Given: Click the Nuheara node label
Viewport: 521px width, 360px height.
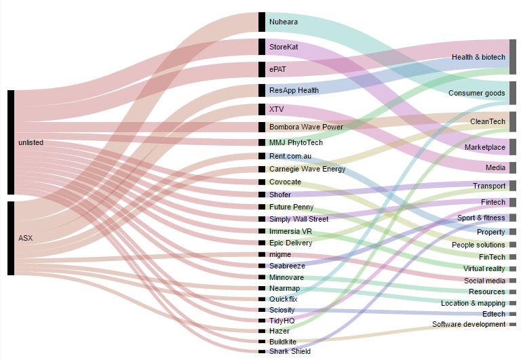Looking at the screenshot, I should click(283, 22).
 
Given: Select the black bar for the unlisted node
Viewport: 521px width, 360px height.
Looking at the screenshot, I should click(11, 142).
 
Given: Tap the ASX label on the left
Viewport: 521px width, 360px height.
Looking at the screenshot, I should click(25, 238).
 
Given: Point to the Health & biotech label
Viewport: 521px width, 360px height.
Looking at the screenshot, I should click(478, 57).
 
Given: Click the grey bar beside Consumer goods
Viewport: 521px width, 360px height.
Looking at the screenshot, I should click(513, 93).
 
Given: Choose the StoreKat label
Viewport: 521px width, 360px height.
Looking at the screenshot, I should click(284, 47).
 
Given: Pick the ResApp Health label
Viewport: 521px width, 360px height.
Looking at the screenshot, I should click(294, 90).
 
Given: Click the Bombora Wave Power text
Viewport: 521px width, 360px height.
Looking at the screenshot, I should click(306, 127).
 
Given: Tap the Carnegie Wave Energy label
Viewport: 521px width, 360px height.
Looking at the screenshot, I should click(307, 169).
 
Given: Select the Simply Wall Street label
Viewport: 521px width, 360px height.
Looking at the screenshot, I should click(298, 219).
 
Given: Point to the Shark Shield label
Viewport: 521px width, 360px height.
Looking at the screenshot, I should click(290, 351).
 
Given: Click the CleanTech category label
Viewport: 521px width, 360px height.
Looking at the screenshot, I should click(488, 121).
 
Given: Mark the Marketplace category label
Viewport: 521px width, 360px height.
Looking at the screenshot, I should click(484, 147).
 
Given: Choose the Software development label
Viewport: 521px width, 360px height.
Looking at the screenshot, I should click(469, 325).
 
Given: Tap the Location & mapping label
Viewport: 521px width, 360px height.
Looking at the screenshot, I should click(473, 303).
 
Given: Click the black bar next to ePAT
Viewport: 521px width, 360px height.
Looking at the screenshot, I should click(262, 69).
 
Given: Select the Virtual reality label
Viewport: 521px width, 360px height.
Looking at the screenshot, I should click(482, 268).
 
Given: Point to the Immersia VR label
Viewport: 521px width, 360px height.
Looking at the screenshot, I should click(290, 231).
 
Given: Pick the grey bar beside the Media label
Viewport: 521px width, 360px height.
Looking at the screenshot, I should click(513, 167).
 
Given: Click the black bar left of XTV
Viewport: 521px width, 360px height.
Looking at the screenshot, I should click(262, 109).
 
